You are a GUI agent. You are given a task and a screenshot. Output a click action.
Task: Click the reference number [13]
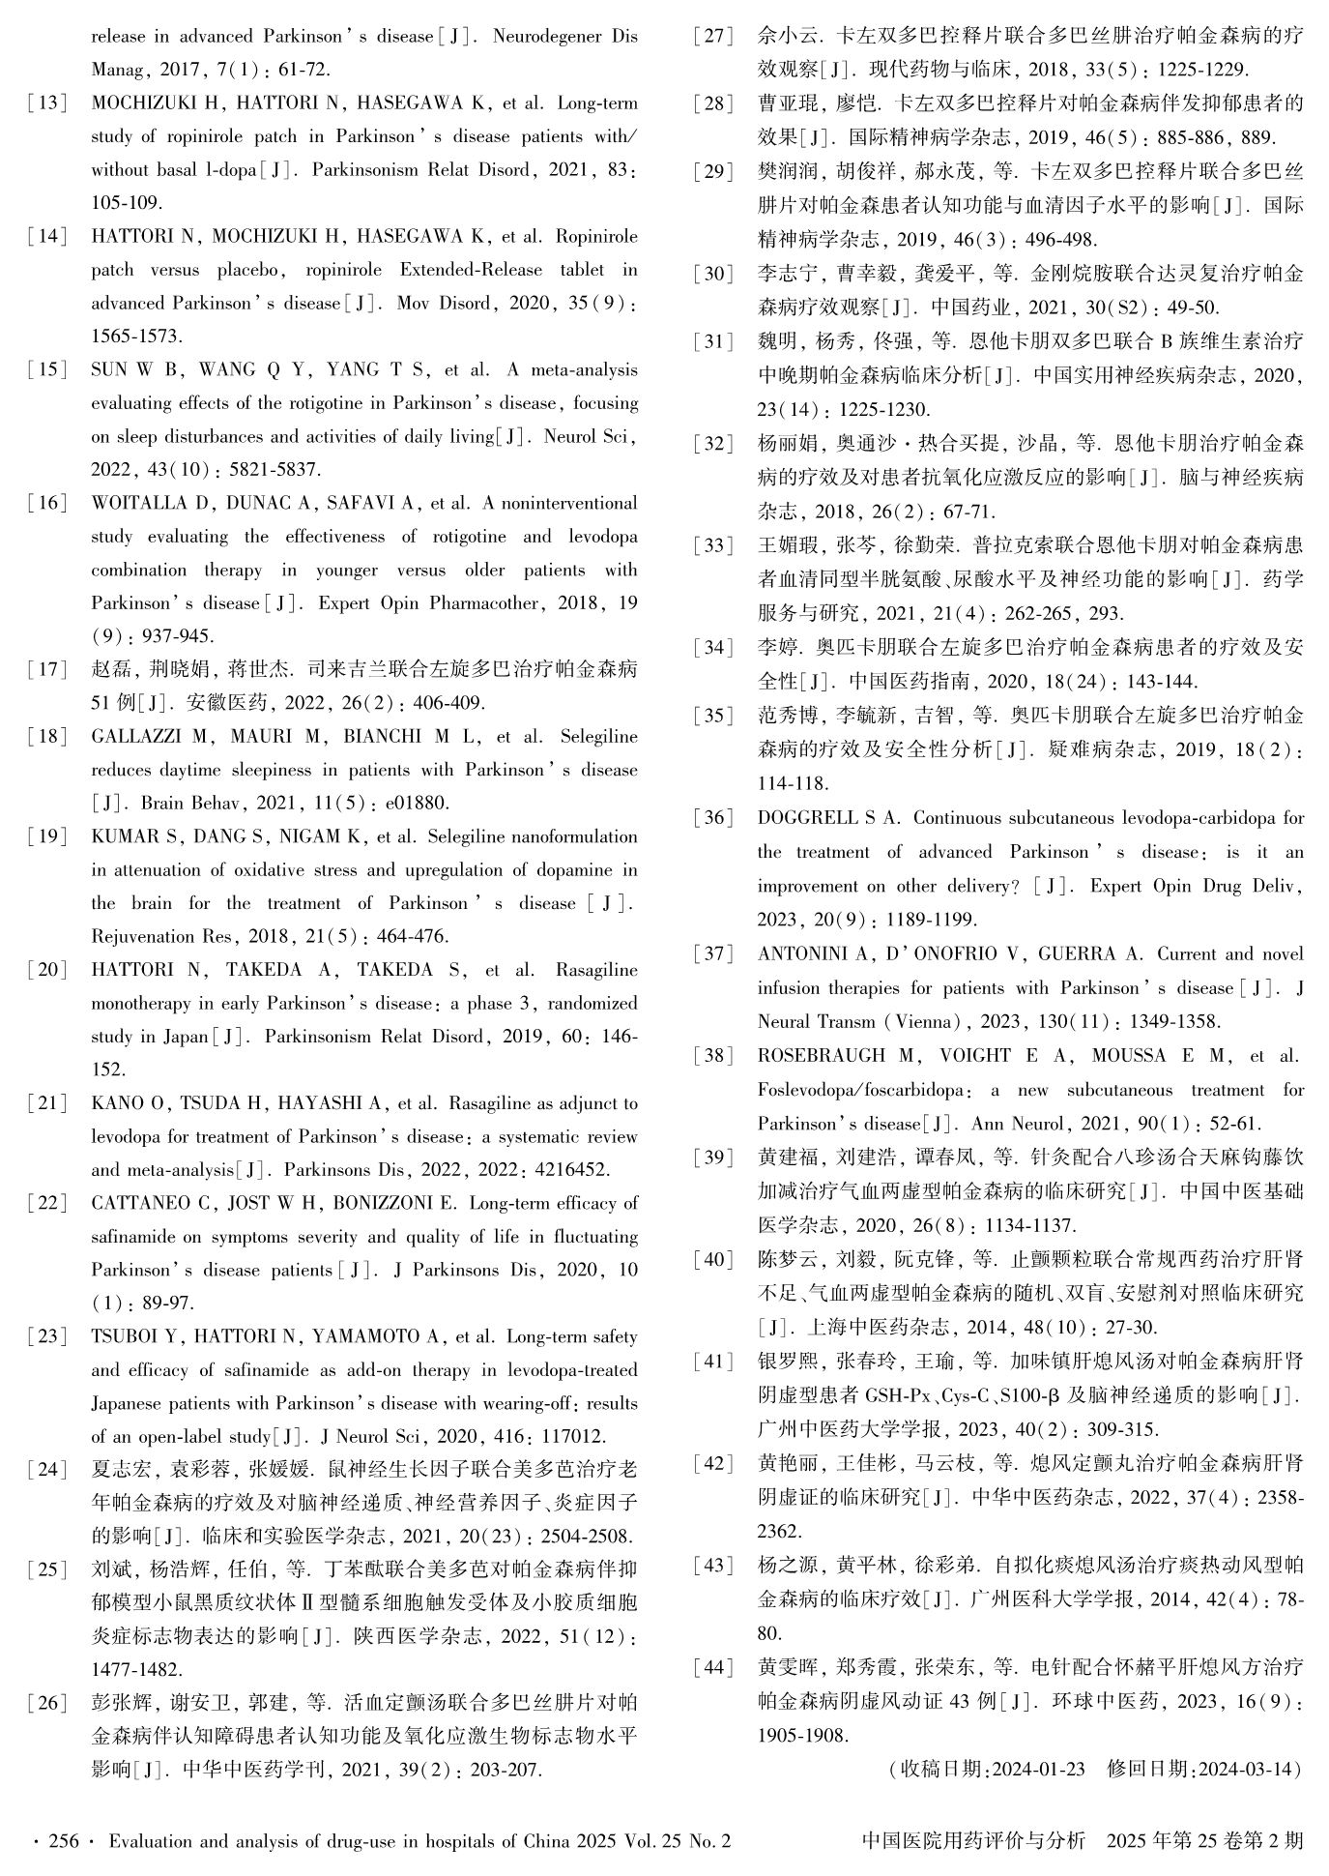coord(47,103)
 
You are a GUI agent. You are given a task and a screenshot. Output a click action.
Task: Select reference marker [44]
coord(713,1667)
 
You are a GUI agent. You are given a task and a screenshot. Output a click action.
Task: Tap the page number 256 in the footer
coord(64,1841)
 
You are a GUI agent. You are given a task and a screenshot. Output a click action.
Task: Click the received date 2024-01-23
coord(1037,1769)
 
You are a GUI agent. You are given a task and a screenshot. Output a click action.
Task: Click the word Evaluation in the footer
coord(150,1841)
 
